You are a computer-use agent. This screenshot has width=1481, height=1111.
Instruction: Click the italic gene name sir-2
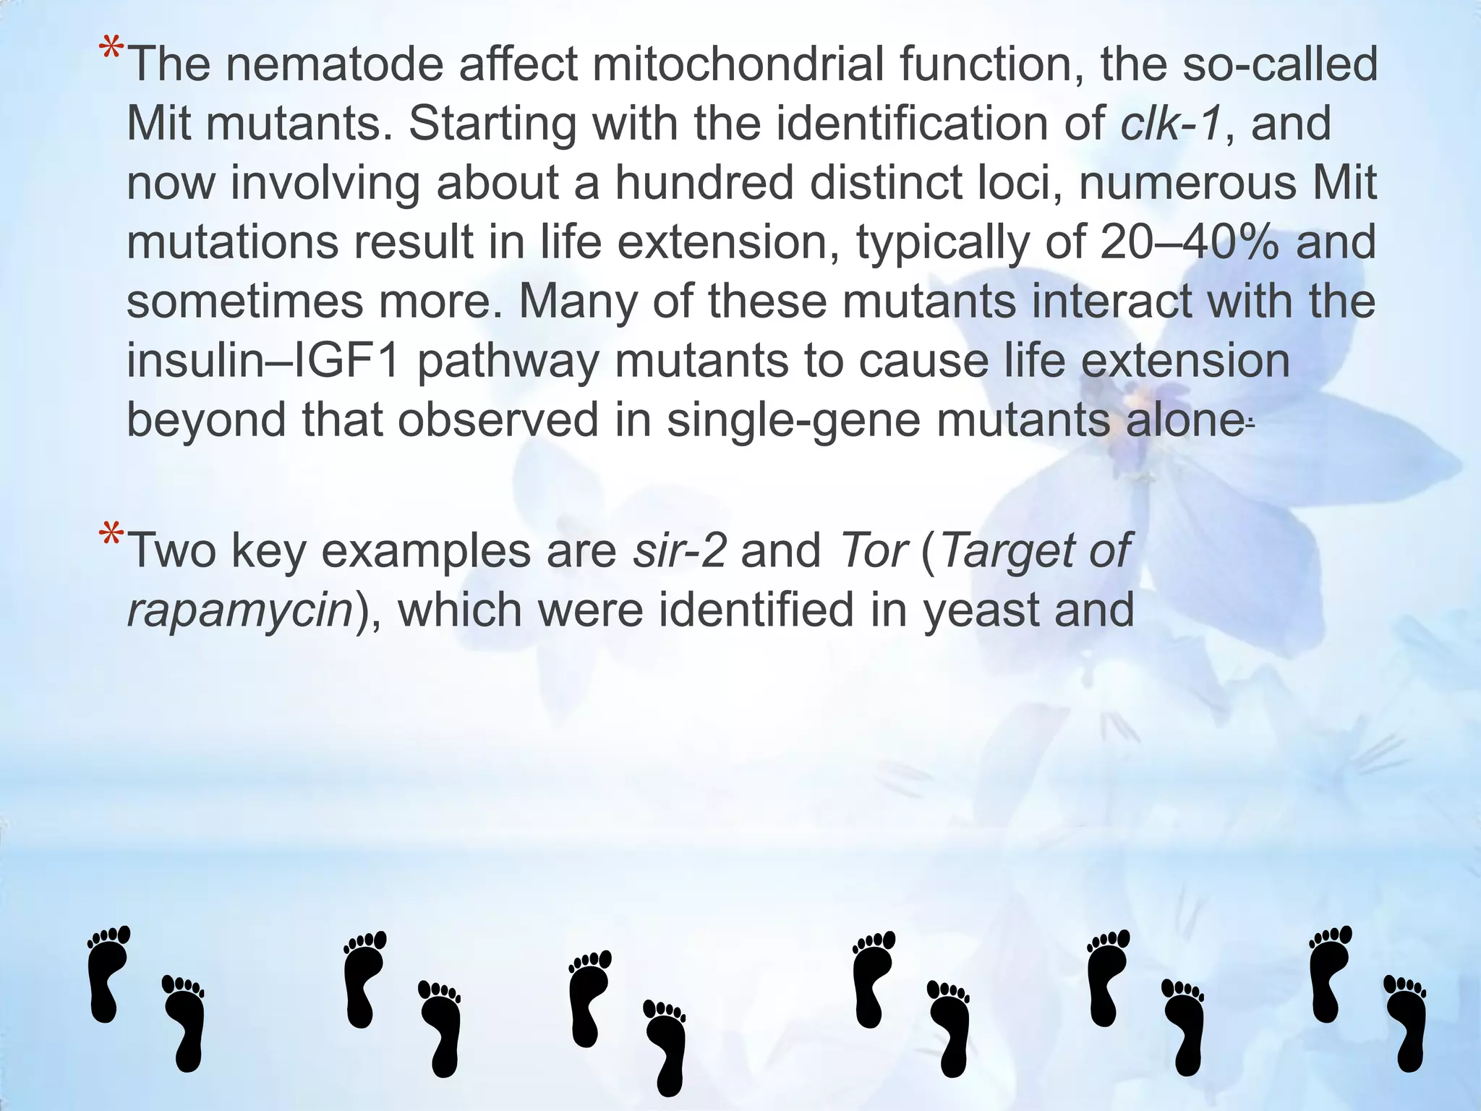tap(679, 550)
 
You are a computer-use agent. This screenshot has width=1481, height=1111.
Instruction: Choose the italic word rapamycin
tap(239, 610)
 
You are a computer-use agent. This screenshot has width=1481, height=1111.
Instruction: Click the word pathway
tap(508, 360)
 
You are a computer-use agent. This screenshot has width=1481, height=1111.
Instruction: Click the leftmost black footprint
tap(106, 973)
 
